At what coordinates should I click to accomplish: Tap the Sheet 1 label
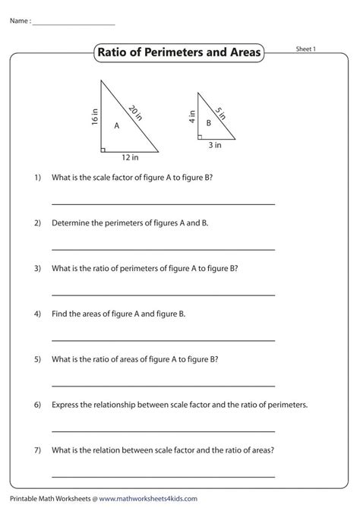click(305, 49)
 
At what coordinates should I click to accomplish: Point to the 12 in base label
click(130, 158)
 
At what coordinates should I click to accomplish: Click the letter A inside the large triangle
click(116, 126)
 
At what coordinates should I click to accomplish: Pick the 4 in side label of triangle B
click(191, 116)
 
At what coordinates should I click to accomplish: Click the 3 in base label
click(215, 144)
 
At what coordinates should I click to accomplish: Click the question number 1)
click(36, 178)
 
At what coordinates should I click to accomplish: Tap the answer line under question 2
click(163, 248)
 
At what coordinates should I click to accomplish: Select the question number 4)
click(36, 314)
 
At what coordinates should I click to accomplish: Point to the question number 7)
click(36, 450)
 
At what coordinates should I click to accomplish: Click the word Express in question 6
click(65, 405)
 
